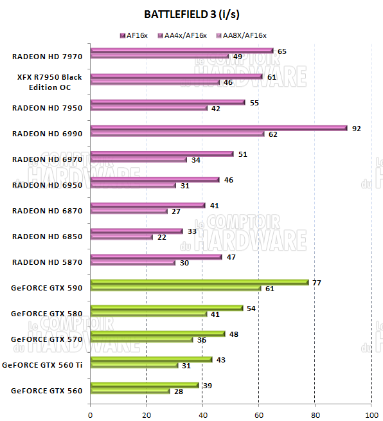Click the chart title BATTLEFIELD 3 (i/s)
click(x=191, y=13)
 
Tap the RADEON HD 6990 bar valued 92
click(x=218, y=128)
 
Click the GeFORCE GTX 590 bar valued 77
click(x=199, y=282)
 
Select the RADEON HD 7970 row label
click(x=47, y=57)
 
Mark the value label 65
click(x=281, y=51)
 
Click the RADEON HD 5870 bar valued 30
click(x=132, y=263)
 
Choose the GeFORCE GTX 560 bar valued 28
click(x=130, y=391)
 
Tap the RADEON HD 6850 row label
click(x=47, y=237)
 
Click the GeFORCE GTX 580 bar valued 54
click(x=166, y=308)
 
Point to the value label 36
click(x=201, y=340)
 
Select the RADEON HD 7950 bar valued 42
click(x=149, y=109)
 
